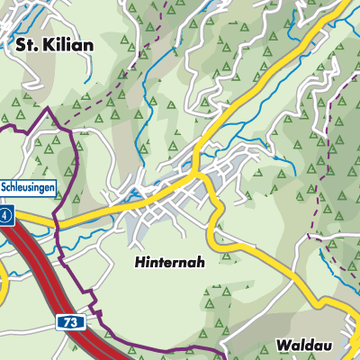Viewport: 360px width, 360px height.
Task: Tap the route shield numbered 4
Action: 5,216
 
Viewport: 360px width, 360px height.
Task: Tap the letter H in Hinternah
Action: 140,262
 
